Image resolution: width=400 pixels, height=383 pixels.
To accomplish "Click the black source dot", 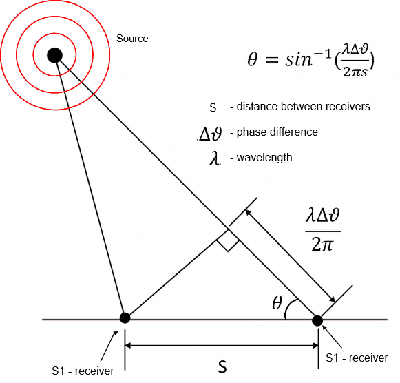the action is pyautogui.click(x=54, y=55).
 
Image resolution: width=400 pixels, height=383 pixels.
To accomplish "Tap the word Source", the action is pyautogui.click(x=132, y=39).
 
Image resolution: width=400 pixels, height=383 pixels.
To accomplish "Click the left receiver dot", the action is pyautogui.click(x=125, y=318).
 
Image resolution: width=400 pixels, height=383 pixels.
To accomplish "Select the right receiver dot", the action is pyautogui.click(x=317, y=321).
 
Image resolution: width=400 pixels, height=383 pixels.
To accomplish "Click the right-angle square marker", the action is pyautogui.click(x=228, y=240).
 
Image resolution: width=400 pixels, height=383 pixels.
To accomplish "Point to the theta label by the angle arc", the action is pyautogui.click(x=277, y=302).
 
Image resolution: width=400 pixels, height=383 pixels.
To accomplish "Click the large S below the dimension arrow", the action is pyautogui.click(x=222, y=367).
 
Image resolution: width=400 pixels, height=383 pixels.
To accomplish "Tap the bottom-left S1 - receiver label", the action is pyautogui.click(x=83, y=371).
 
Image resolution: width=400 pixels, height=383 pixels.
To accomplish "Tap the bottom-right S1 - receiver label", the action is pyautogui.click(x=357, y=358).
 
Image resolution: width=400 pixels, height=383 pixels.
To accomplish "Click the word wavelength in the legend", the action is pyautogui.click(x=264, y=158).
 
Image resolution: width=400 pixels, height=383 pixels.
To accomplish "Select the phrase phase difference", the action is pyautogui.click(x=277, y=132).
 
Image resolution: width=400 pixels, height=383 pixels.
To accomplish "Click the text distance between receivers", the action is pyautogui.click(x=303, y=106).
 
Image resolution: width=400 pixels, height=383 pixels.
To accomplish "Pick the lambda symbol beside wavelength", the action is pyautogui.click(x=215, y=158).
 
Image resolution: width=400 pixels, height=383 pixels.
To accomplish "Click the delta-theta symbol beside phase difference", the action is pyautogui.click(x=210, y=134).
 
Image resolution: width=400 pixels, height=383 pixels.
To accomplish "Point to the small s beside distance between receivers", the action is pyautogui.click(x=213, y=107).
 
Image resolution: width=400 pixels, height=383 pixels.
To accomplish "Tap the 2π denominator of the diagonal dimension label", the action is pyautogui.click(x=322, y=245).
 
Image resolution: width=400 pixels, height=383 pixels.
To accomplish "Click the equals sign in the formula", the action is pyautogui.click(x=271, y=61).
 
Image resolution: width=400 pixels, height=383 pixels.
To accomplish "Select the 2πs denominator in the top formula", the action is pyautogui.click(x=355, y=72).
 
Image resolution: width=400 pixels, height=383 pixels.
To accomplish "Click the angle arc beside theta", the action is pyautogui.click(x=288, y=307).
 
